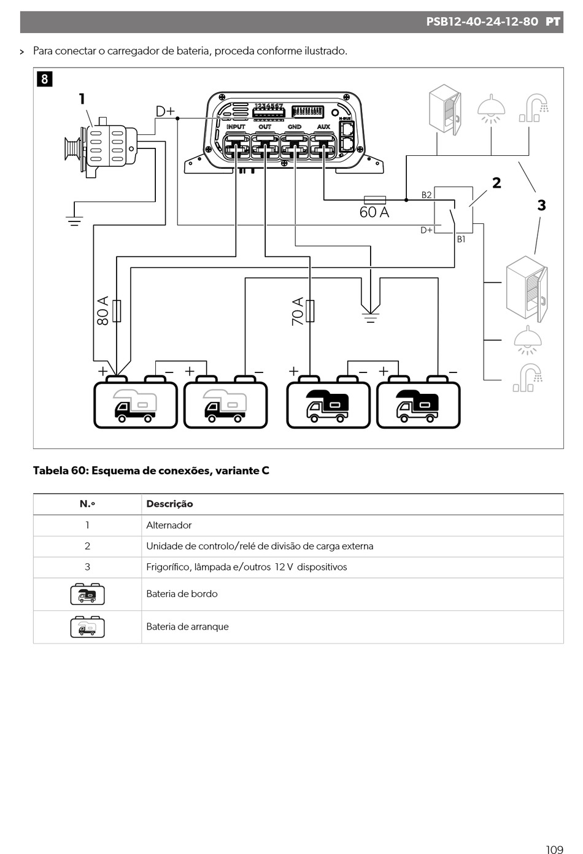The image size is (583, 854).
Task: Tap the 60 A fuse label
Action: pos(374,212)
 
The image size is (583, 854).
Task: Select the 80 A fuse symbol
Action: pos(117,311)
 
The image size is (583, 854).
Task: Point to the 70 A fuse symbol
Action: pos(310,311)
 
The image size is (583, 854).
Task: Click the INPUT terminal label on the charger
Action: pos(236,127)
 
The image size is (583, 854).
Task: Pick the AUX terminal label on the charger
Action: pos(323,127)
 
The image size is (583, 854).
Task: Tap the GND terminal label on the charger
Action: pos(295,127)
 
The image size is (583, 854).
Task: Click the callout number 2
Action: pos(496,183)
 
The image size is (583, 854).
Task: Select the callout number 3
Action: pos(541,206)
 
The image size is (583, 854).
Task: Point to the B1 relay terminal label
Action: pos(461,239)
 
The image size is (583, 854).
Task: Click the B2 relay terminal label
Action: pos(427,195)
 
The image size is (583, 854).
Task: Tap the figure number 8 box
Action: pos(45,79)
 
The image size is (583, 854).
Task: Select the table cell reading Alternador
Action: pos(169,525)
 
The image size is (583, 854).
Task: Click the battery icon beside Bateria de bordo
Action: pos(87,594)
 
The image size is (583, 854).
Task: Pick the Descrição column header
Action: pos(169,504)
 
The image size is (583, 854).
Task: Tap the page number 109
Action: pos(554,849)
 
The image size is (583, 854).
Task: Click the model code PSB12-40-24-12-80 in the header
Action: pos(482,21)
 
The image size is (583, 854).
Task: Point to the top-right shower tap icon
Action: pos(534,108)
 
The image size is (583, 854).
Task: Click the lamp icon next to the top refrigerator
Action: pos(491,109)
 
